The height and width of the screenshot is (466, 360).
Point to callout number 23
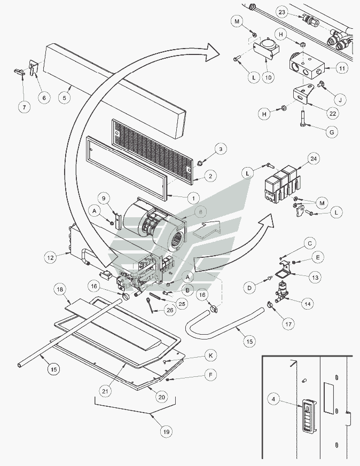[283, 12]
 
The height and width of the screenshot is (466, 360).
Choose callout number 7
[23, 106]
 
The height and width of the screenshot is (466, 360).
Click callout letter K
[210, 356]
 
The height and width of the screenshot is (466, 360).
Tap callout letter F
[210, 376]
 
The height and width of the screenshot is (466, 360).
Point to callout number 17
[289, 323]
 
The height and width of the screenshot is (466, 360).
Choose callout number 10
[268, 77]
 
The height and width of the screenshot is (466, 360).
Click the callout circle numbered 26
[169, 309]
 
